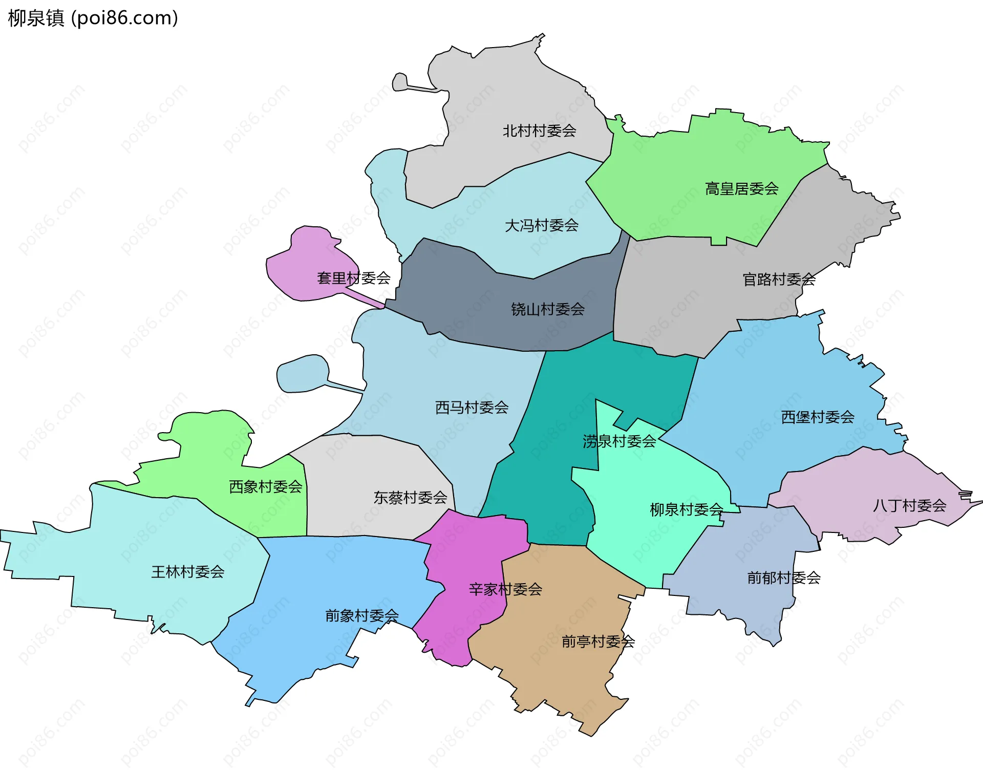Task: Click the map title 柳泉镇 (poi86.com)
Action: (93, 18)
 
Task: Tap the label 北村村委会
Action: (539, 131)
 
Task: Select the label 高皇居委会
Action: (741, 189)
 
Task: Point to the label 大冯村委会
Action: (541, 225)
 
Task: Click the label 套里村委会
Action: (353, 278)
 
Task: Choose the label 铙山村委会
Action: (547, 309)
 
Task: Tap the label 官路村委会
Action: (779, 280)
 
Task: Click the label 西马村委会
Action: (472, 408)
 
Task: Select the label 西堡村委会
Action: (817, 417)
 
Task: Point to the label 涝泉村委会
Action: (618, 441)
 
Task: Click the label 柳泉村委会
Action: (686, 509)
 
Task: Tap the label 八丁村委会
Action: (909, 506)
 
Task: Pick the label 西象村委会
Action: (265, 486)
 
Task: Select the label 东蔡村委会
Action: (410, 498)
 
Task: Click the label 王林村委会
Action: (187, 572)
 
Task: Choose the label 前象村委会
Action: (361, 615)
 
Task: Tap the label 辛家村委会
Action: (505, 589)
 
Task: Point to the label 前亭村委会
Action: (598, 641)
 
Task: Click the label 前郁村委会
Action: (783, 578)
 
